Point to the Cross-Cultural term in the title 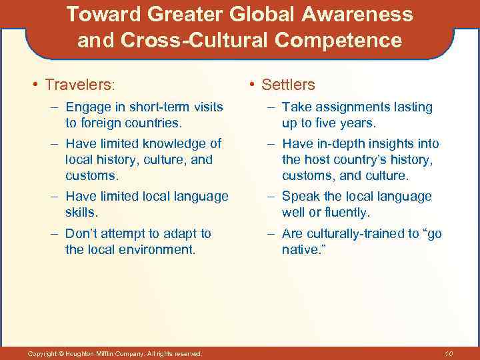196,41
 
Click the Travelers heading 79,85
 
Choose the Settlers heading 288,85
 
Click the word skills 81,212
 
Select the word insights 387,143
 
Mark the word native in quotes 300,250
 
